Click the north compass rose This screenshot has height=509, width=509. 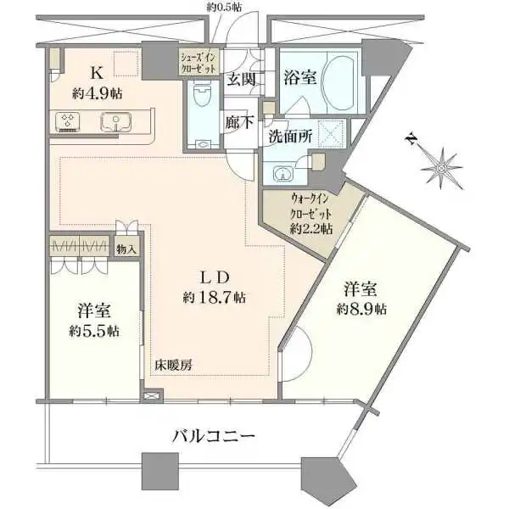point(442,164)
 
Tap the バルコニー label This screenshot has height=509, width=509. point(214,437)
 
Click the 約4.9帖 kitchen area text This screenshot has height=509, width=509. point(97,93)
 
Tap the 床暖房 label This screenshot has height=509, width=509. point(173,366)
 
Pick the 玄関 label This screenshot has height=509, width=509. point(239,81)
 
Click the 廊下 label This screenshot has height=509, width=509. point(238,120)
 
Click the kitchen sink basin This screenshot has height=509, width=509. point(115,121)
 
